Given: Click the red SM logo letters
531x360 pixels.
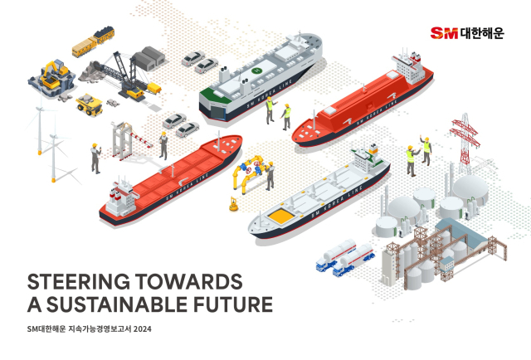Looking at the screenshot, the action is (x=444, y=33).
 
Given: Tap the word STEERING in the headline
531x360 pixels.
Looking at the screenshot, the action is (x=78, y=282).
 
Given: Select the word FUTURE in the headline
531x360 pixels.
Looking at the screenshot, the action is (x=233, y=304).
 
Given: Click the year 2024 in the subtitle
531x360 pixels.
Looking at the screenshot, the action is (x=142, y=328).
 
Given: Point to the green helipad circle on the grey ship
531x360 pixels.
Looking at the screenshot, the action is (x=257, y=71).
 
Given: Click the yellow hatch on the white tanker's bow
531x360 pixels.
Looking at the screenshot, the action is (x=280, y=216).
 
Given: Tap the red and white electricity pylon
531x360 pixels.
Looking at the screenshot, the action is (x=465, y=143).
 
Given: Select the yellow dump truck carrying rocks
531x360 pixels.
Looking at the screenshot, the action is (x=90, y=105).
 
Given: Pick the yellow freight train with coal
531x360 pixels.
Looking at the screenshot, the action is (x=93, y=42).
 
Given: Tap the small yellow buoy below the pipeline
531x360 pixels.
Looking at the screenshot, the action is (x=234, y=205).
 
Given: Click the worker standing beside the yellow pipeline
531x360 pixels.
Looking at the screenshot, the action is (x=270, y=176).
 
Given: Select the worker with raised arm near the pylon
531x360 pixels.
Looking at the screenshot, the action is (x=426, y=150).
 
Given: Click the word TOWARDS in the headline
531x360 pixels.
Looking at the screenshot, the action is (x=188, y=282).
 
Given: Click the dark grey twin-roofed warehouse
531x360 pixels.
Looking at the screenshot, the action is (x=149, y=58).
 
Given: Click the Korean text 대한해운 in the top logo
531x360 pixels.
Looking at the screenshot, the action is (x=482, y=33).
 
